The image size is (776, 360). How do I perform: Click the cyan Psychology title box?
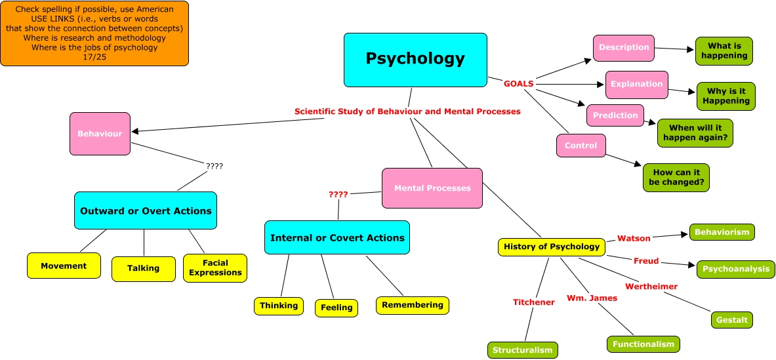(x=415, y=60)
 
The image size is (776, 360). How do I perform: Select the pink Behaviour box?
(x=100, y=134)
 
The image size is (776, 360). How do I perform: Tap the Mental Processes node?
(x=432, y=188)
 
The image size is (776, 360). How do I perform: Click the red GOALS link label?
(x=518, y=84)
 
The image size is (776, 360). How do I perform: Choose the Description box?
(x=624, y=48)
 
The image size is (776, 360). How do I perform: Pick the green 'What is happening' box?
(x=724, y=51)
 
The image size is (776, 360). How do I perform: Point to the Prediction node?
(x=615, y=115)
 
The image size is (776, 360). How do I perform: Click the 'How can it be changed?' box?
(x=676, y=177)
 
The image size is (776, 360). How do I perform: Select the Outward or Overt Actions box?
(x=146, y=210)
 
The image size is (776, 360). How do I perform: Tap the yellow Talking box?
(x=144, y=268)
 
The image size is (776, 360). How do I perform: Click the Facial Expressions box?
(x=215, y=268)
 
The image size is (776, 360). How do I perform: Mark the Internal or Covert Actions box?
(x=337, y=237)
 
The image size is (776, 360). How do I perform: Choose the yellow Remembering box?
(x=413, y=305)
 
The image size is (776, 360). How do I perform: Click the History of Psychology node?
(x=551, y=247)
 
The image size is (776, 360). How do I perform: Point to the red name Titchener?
(x=534, y=302)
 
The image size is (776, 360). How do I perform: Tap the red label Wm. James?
(x=592, y=298)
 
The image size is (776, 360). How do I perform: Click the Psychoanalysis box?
(x=735, y=269)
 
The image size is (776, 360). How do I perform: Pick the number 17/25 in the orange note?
(x=94, y=57)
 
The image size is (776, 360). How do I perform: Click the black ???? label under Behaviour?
(x=214, y=167)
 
